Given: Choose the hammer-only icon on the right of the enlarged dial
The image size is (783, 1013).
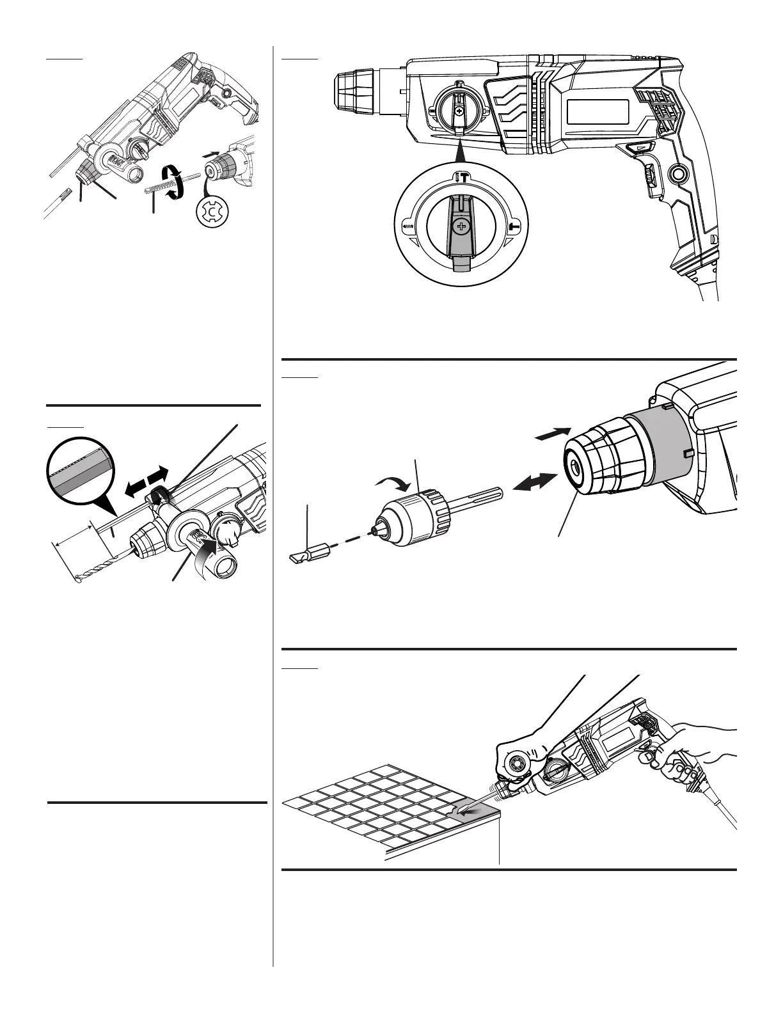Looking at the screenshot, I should [x=514, y=226].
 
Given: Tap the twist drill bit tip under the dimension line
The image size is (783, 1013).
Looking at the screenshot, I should [x=79, y=579].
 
